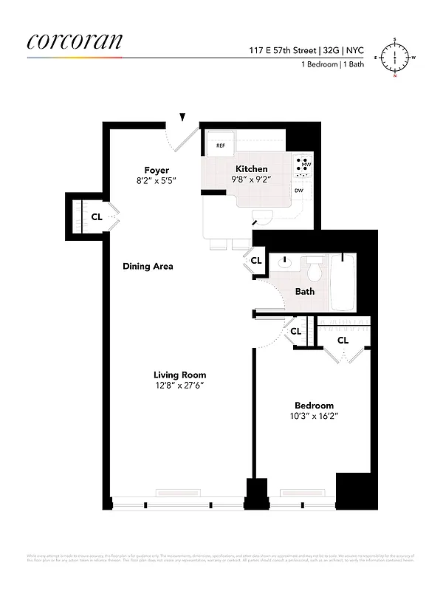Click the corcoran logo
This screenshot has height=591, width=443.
(x=74, y=41)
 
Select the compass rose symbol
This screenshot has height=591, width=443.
(x=395, y=57)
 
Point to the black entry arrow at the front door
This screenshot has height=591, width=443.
(x=182, y=116)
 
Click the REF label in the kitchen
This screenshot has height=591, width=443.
(x=220, y=146)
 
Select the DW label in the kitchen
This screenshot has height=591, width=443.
(x=298, y=191)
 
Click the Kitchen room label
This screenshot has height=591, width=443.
(x=252, y=169)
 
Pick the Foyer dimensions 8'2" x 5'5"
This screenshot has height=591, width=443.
(x=157, y=180)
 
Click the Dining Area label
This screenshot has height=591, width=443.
(x=148, y=266)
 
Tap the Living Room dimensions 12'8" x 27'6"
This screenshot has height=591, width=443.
(x=179, y=385)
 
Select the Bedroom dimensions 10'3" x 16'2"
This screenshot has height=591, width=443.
(x=314, y=416)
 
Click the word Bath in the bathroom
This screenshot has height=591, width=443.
(x=305, y=291)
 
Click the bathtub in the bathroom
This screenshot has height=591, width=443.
(x=344, y=282)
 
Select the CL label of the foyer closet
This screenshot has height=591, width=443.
(x=97, y=217)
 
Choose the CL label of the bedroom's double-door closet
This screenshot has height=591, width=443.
(x=343, y=341)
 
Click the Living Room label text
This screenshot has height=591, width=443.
(x=179, y=375)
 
